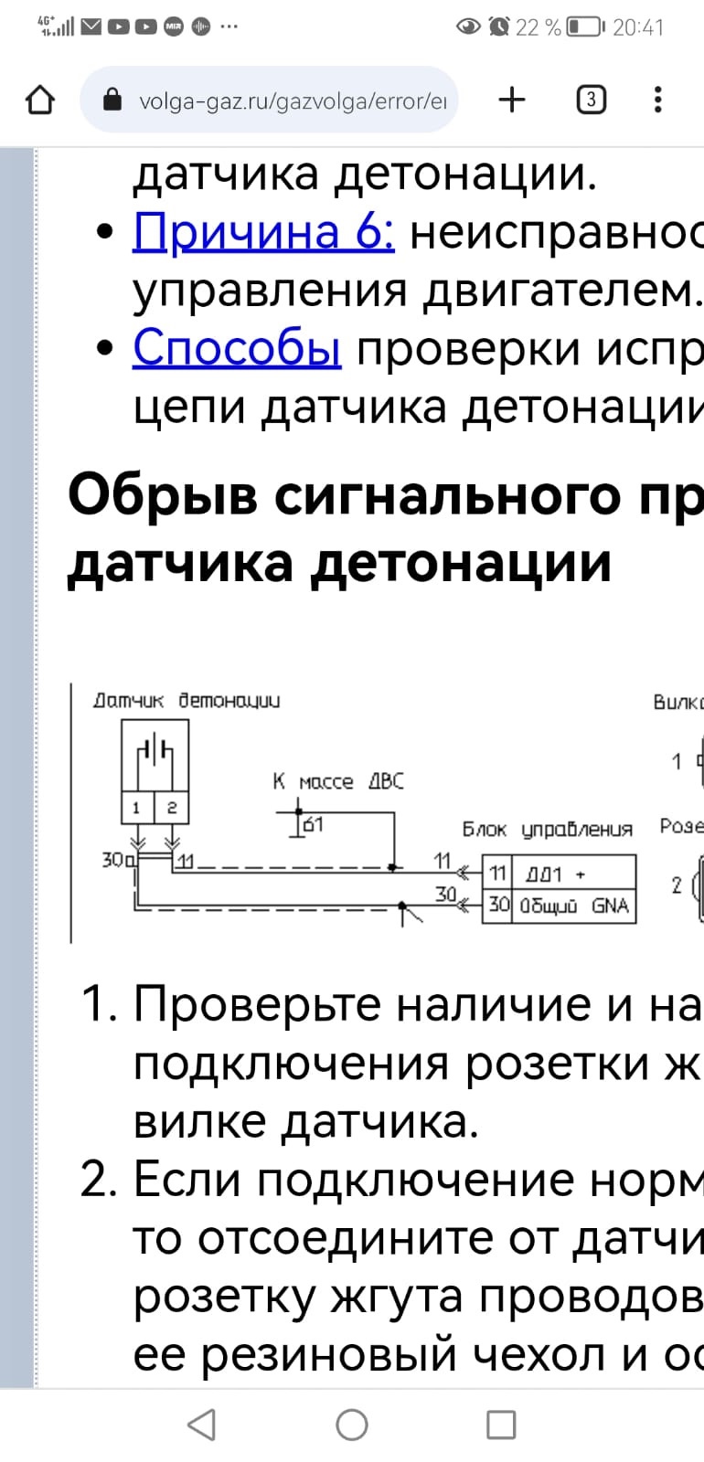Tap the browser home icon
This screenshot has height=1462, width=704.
40,100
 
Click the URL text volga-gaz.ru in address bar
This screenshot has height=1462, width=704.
293,101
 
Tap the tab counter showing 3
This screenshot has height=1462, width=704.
591,100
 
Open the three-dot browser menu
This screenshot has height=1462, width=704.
657,100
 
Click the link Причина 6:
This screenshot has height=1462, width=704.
263,231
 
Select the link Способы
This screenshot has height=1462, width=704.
237,348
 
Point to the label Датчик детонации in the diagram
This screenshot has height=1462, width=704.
187,701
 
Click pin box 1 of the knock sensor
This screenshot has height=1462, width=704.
136,808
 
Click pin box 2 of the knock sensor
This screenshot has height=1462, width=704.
171,808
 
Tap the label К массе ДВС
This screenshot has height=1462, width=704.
337,781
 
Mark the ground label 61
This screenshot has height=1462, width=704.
313,824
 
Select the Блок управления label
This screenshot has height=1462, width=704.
547,830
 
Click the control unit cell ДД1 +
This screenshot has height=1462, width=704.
572,874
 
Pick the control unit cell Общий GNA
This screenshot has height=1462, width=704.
572,906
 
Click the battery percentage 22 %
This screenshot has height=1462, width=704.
538,27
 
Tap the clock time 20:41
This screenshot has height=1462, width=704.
637,27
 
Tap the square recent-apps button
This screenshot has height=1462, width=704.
501,1424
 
